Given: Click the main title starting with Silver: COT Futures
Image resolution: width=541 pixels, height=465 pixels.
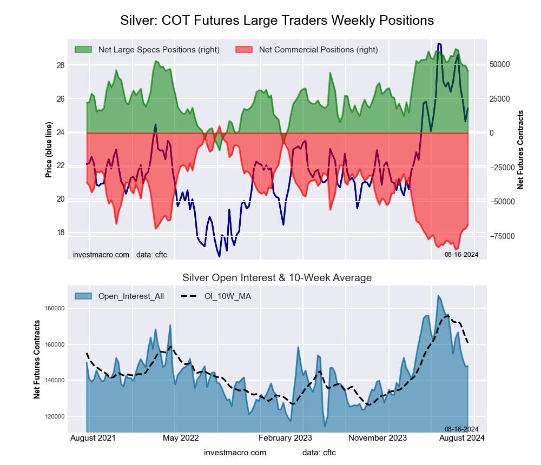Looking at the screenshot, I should tap(276, 21).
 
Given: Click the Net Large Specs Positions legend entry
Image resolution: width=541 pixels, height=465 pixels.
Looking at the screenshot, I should tap(159, 50).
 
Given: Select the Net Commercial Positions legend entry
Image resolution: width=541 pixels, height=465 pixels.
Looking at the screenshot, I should tap(318, 50).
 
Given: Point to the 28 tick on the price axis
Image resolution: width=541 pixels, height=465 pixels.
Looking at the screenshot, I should tap(60, 65).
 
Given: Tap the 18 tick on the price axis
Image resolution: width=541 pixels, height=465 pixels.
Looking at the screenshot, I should tap(60, 232).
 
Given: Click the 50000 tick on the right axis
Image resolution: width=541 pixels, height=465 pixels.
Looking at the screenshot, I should tap(500, 64).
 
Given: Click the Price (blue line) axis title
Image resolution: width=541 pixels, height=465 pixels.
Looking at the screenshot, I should tap(49, 150).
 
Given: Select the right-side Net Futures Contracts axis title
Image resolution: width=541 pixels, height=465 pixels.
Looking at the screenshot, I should tap(520, 150).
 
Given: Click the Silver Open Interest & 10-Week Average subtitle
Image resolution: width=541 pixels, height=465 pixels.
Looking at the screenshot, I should tap(276, 278).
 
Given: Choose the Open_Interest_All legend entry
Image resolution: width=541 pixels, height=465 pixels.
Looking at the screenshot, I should tap(131, 296).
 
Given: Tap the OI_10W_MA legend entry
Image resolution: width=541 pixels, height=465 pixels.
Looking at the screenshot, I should tap(228, 296).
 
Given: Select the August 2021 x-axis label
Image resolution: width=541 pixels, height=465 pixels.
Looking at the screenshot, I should tap(93, 437).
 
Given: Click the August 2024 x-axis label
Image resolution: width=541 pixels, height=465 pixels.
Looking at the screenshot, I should tap(461, 437).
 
